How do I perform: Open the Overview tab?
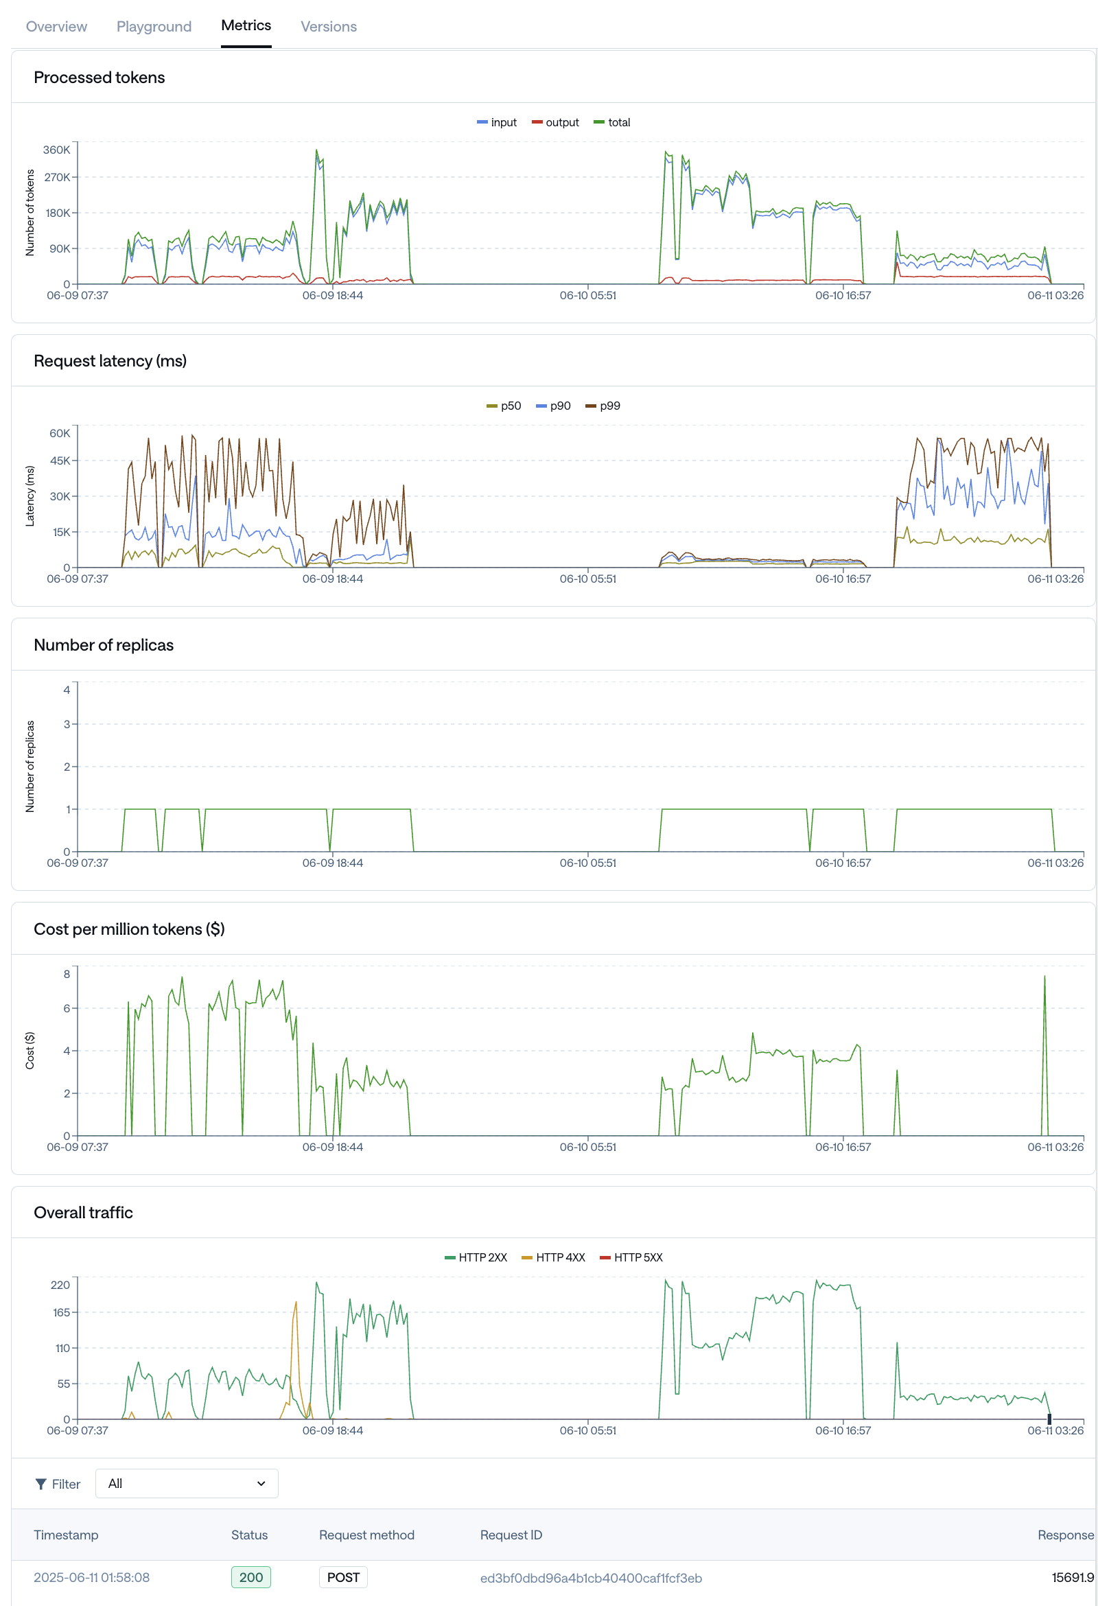pyautogui.click(x=56, y=26)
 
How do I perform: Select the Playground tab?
pyautogui.click(x=154, y=26)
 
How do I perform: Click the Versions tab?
pyautogui.click(x=328, y=26)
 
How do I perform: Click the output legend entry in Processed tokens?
pyautogui.click(x=556, y=122)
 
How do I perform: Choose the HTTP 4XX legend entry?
pyautogui.click(x=554, y=1257)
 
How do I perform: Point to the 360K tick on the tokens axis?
pyautogui.click(x=57, y=150)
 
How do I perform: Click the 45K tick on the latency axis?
pyautogui.click(x=60, y=461)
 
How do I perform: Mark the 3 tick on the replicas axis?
pyautogui.click(x=67, y=724)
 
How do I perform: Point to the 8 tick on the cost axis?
pyautogui.click(x=67, y=974)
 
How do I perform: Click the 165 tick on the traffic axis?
pyautogui.click(x=61, y=1312)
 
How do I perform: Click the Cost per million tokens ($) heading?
pyautogui.click(x=129, y=929)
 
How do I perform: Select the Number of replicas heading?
pyautogui.click(x=104, y=644)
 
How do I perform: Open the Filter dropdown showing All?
pyautogui.click(x=187, y=1484)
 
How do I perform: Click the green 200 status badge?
pyautogui.click(x=251, y=1578)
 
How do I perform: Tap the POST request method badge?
pyautogui.click(x=342, y=1578)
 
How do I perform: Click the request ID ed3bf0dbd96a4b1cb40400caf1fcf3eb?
pyautogui.click(x=591, y=1579)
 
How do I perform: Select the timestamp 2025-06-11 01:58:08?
pyautogui.click(x=92, y=1578)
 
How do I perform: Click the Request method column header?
pyautogui.click(x=366, y=1535)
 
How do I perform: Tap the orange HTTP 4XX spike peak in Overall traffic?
pyautogui.click(x=296, y=1303)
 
